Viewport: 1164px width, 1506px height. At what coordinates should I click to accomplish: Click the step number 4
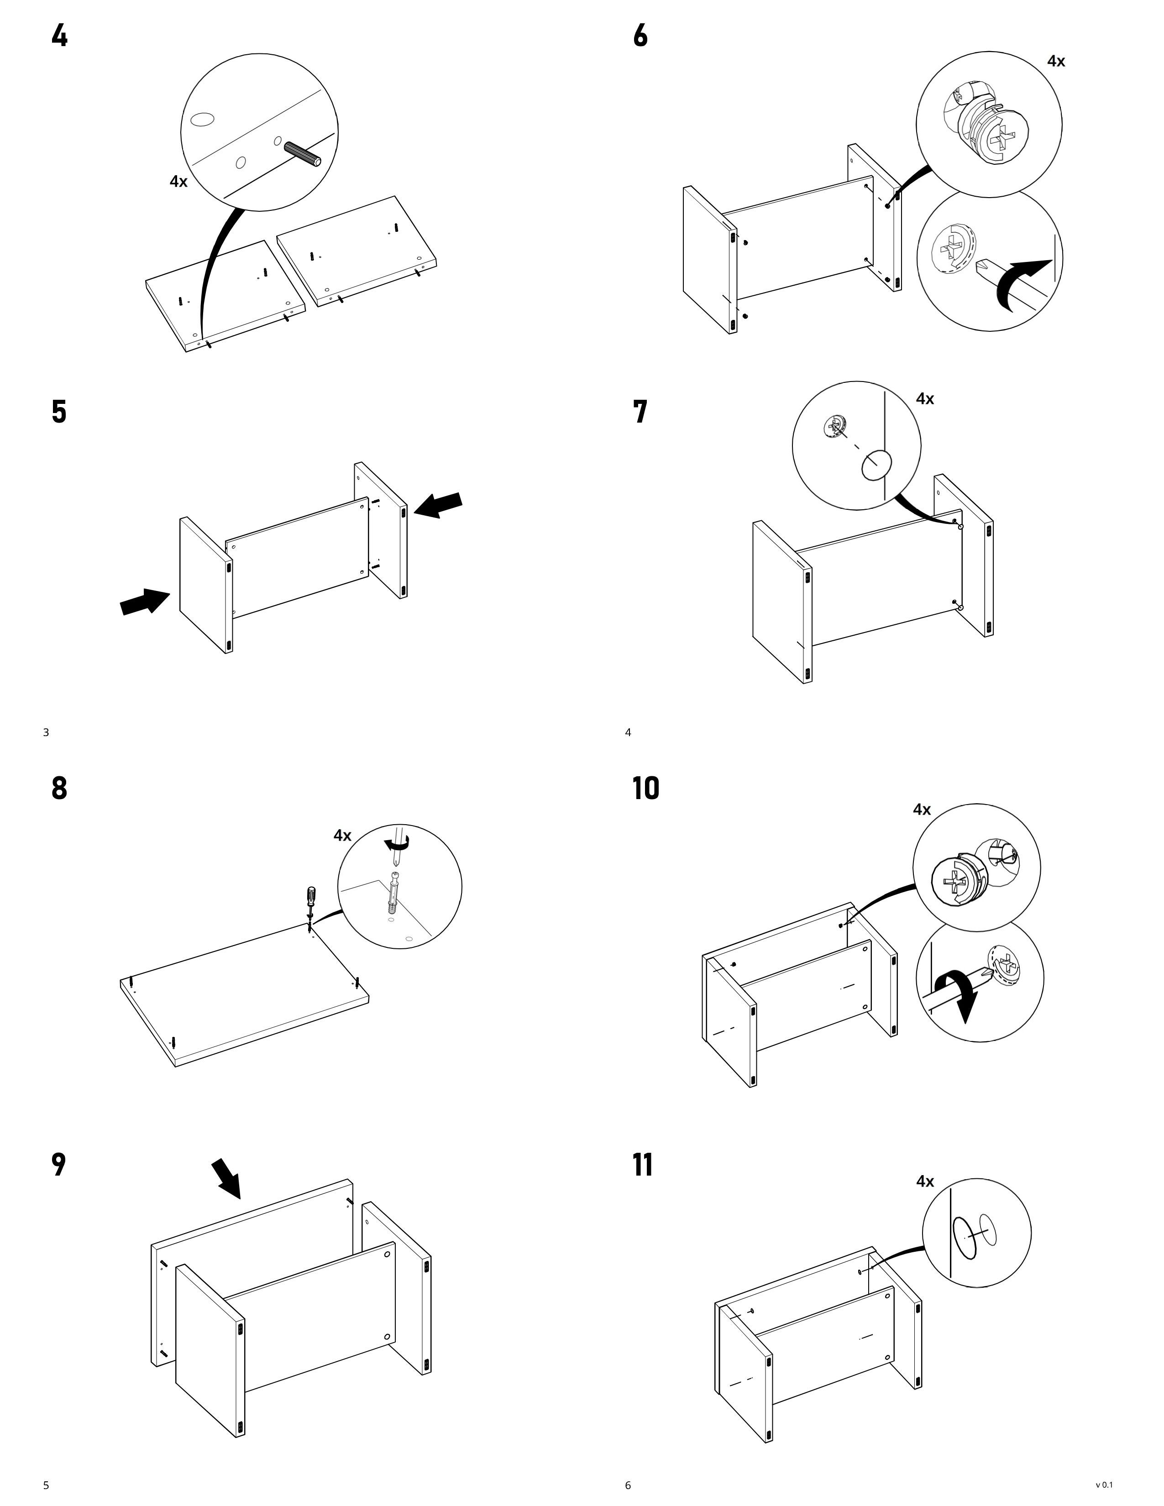(59, 35)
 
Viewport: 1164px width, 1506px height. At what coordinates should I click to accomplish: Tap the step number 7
(640, 412)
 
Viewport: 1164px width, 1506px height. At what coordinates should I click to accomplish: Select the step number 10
(645, 788)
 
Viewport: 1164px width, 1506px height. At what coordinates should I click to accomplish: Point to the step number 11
(643, 1165)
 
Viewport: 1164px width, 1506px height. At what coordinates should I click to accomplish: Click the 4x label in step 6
(1056, 61)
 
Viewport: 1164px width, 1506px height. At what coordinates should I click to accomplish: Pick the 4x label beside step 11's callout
(925, 1181)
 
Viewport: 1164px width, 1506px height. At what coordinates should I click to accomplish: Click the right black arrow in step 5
(439, 506)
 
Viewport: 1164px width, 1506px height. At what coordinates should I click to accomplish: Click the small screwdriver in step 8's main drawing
(311, 900)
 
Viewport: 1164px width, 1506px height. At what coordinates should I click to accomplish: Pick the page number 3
(46, 732)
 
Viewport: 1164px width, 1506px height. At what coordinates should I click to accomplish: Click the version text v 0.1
(1104, 1485)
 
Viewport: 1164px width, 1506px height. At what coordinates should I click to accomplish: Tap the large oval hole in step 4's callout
(202, 120)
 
